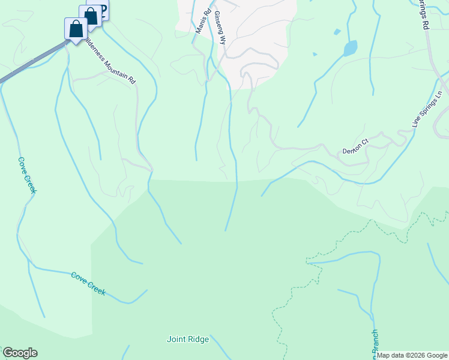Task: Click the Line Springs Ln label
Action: tap(427, 109)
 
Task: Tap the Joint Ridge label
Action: tap(188, 340)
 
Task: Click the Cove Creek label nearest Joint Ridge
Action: tap(88, 283)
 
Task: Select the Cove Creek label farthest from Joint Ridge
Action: tap(27, 175)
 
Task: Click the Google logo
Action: tap(20, 353)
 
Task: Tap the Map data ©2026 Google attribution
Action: tap(412, 355)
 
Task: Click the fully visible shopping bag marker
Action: tap(76, 28)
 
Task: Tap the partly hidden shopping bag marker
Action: tap(91, 15)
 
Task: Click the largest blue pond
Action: tap(350, 48)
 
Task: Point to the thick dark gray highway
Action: tap(30, 64)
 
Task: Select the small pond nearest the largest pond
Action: tap(337, 32)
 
